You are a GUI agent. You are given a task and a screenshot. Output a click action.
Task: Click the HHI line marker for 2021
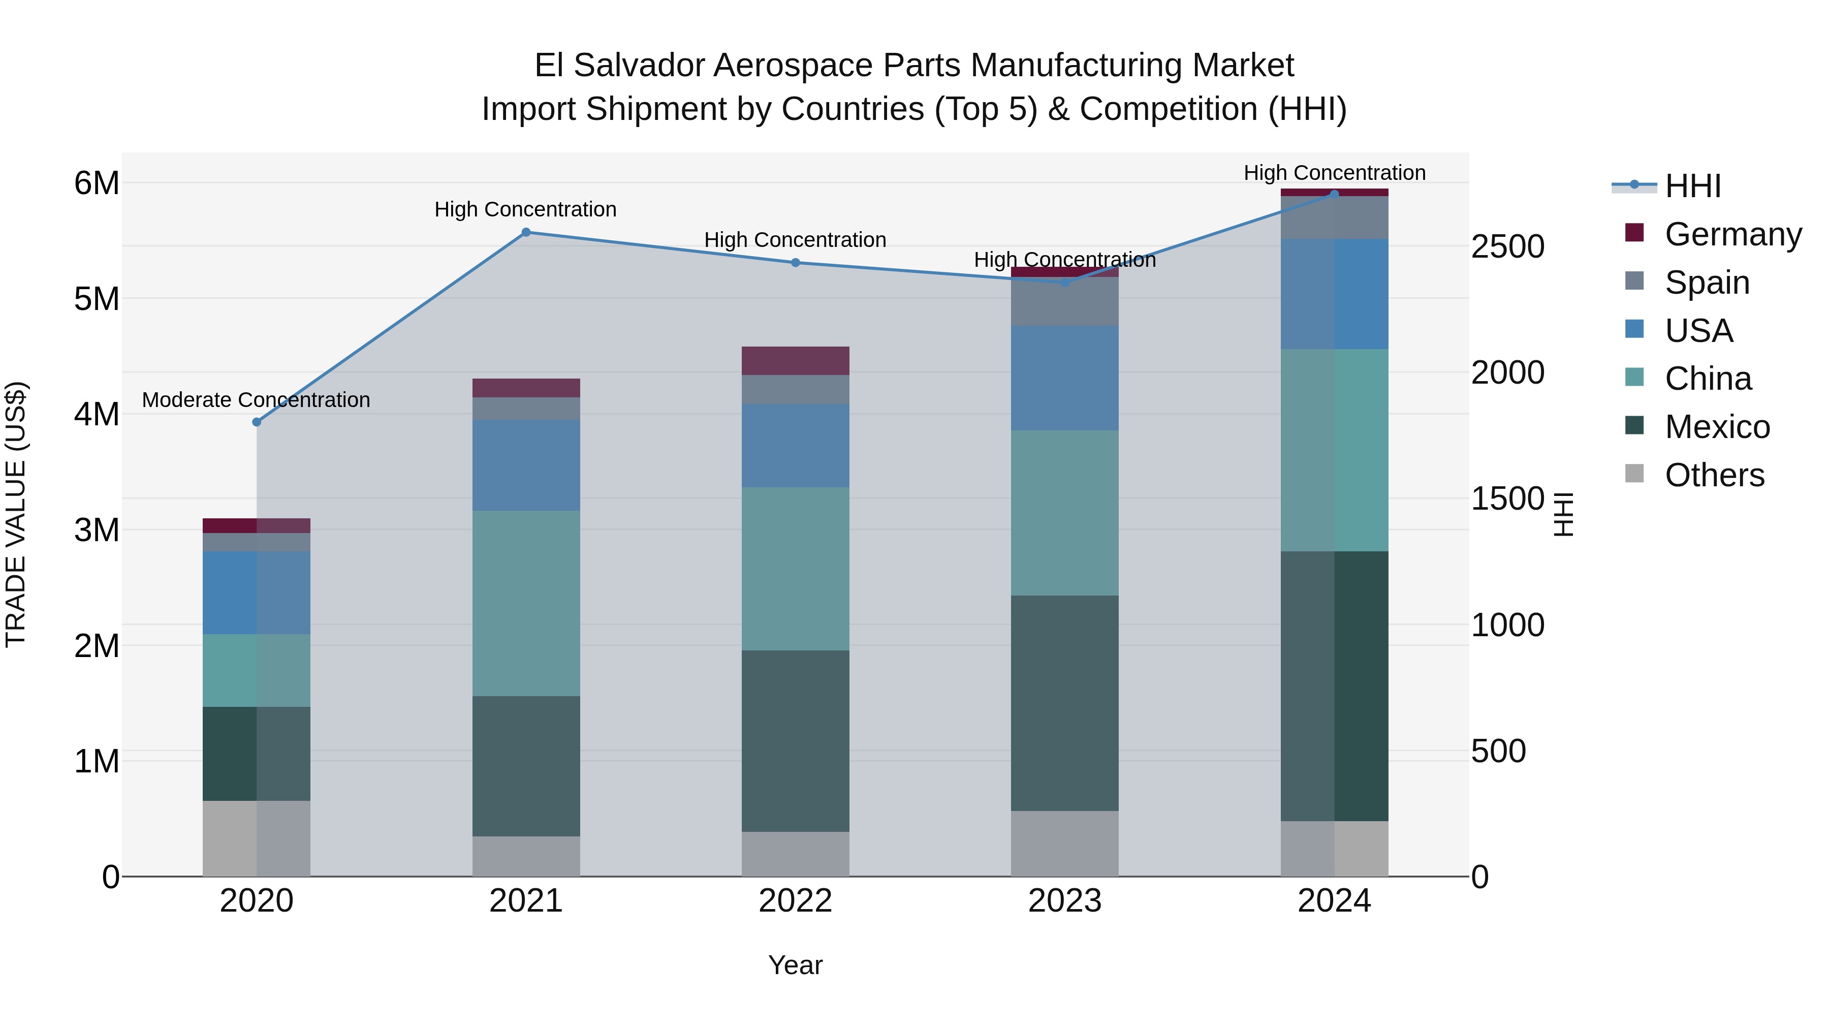(x=526, y=232)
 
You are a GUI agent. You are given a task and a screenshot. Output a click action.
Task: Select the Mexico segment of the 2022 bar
(x=795, y=741)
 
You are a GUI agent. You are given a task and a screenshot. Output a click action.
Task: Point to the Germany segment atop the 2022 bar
(x=795, y=361)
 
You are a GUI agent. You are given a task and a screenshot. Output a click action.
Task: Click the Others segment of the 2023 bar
(x=1064, y=843)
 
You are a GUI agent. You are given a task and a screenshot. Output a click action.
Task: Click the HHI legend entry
(x=1693, y=186)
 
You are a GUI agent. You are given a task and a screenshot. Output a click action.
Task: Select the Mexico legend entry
(x=1716, y=427)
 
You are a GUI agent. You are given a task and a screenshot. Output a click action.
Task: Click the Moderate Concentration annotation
(x=257, y=400)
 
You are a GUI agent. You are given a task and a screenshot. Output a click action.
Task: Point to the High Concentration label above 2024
(x=1334, y=173)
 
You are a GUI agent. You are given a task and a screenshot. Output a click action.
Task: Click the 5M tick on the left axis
(x=97, y=299)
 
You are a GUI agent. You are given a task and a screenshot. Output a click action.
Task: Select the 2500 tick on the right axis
(x=1507, y=247)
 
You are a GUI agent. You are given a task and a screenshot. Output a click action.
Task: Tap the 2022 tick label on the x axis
(x=795, y=901)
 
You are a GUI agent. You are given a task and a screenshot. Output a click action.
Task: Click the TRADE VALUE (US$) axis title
(x=16, y=515)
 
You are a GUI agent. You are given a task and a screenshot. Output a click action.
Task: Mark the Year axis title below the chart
(x=795, y=965)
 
